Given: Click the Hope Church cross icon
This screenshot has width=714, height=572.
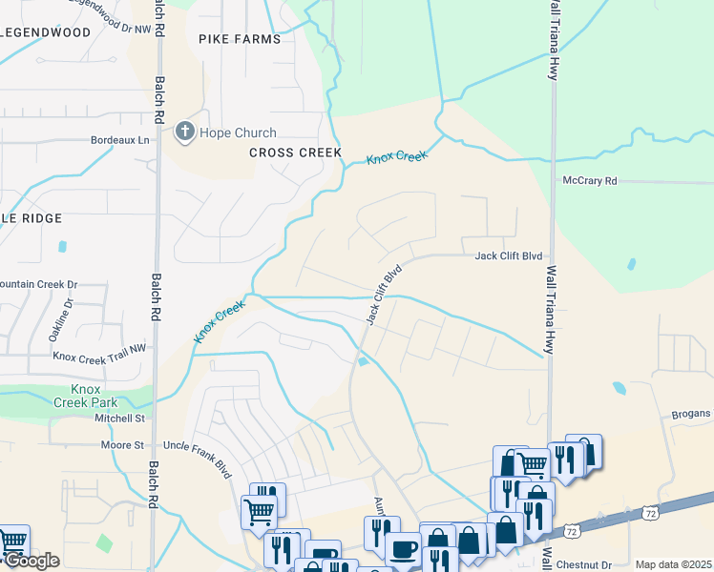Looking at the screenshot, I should tap(185, 133).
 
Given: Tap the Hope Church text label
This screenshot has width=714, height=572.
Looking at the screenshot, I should tap(238, 133).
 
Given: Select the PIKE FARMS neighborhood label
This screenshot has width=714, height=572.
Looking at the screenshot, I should tap(240, 39).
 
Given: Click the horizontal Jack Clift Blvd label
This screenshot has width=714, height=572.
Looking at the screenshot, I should tap(509, 256).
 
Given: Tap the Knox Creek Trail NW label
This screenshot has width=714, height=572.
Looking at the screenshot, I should tap(99, 357).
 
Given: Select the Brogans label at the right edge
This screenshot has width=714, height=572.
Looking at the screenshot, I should tap(690, 413).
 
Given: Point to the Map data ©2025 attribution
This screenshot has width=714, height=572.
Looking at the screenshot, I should tap(672, 565).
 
